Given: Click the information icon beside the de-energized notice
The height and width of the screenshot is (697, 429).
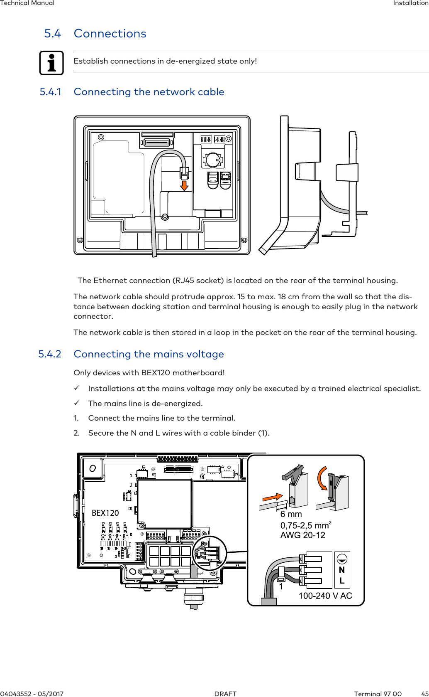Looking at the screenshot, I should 51,63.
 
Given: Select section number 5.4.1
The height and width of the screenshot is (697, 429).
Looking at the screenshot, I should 50,92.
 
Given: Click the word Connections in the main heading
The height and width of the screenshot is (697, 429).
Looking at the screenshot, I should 110,34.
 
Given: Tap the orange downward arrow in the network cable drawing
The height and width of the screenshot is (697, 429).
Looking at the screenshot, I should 184,185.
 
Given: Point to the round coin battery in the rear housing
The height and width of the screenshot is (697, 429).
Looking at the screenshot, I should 213,159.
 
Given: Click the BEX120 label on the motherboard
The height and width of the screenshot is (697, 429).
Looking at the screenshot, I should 105,513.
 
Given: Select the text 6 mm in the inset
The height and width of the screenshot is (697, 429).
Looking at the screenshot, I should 291,514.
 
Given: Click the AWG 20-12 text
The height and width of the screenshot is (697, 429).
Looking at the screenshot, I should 302,535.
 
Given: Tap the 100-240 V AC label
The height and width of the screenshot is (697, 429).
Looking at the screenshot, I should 325,596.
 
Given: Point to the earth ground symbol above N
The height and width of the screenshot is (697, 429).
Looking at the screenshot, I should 342,559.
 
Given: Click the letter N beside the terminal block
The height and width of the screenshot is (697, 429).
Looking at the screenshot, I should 342,570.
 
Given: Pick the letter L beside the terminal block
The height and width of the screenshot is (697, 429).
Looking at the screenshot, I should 342,581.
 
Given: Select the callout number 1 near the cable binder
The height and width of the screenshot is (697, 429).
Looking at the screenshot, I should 281,587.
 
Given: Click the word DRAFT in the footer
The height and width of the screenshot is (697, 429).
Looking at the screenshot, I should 225,694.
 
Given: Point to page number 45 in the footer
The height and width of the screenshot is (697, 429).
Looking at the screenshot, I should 425,694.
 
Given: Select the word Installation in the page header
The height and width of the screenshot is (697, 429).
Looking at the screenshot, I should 411,3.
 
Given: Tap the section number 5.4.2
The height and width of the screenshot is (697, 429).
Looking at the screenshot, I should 50,354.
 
